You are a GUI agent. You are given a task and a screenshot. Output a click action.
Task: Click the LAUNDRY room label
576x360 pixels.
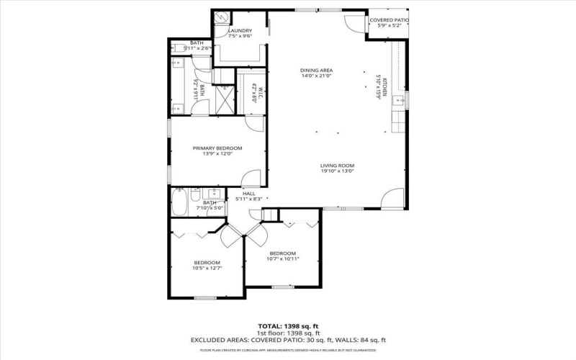coord(240,31)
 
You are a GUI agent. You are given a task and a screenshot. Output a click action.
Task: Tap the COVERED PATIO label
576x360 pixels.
coord(388,20)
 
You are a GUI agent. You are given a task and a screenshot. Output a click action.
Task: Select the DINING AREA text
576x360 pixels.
coord(316,71)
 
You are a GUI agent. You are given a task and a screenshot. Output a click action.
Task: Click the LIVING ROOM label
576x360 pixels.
coord(338,166)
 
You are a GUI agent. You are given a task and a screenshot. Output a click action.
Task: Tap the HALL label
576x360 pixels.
coord(249,194)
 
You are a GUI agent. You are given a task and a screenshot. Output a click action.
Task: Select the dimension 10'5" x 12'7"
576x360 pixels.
coord(207,269)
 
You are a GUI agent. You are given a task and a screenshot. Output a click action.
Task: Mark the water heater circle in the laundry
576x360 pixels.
coord(222,18)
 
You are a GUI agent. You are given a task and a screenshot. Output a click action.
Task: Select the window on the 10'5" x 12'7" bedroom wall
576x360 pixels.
coord(206,297)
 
